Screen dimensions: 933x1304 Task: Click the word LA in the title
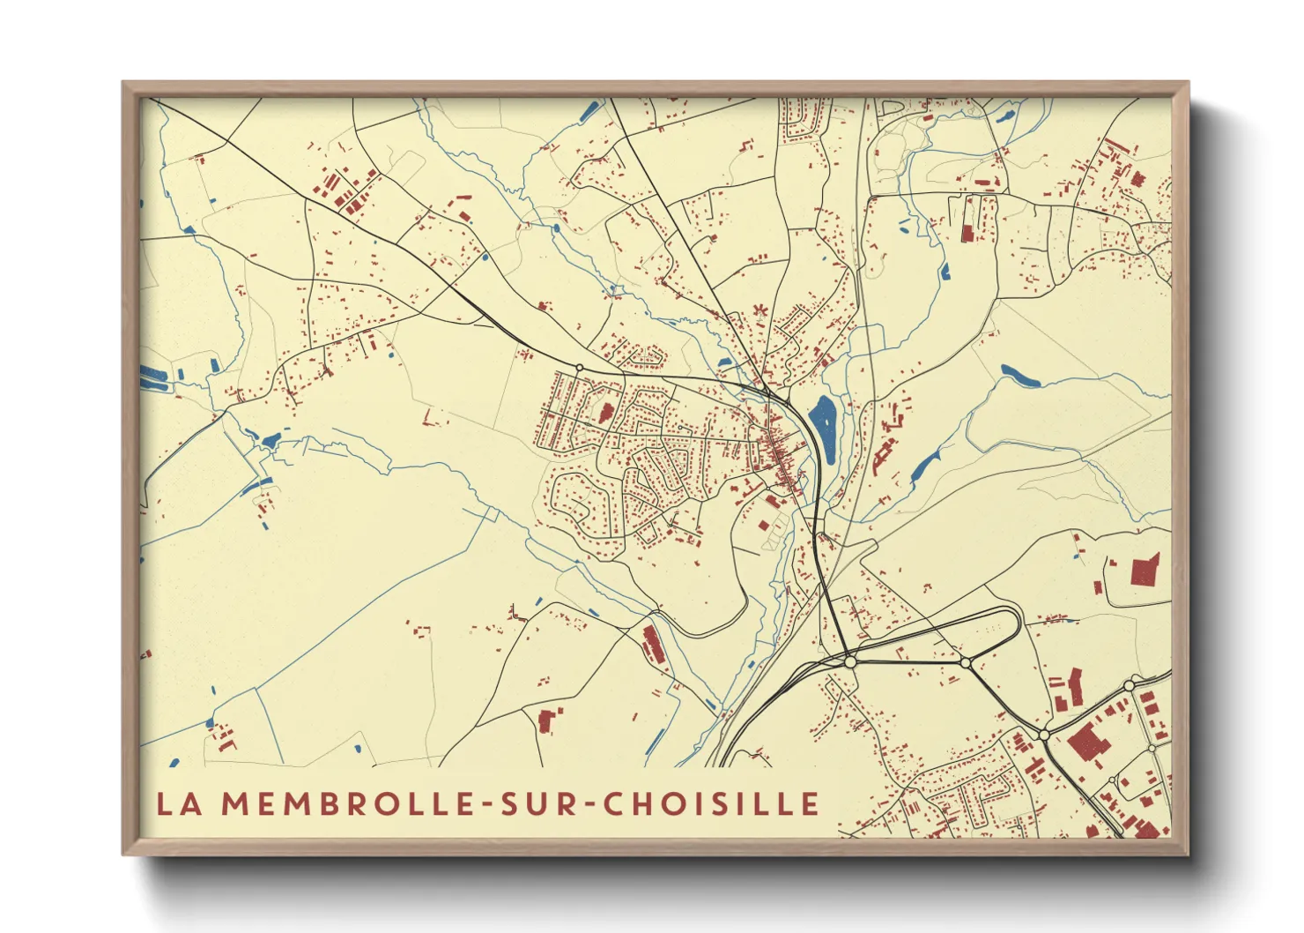click(176, 803)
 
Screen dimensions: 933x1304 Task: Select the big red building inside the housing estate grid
click(606, 412)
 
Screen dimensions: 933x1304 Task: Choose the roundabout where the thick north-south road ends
click(849, 661)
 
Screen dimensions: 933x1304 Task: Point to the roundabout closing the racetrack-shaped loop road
click(966, 662)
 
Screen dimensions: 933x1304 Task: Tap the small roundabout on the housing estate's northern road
click(579, 367)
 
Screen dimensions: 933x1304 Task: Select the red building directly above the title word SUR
click(546, 720)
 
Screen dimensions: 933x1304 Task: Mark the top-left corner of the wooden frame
click(123, 83)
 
